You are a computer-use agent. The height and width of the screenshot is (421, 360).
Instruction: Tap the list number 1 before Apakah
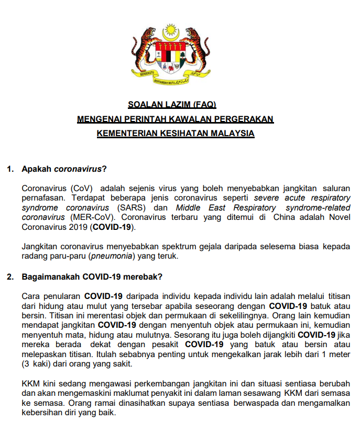(x=8, y=169)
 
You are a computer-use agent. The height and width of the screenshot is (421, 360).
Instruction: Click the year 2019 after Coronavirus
(x=79, y=227)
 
